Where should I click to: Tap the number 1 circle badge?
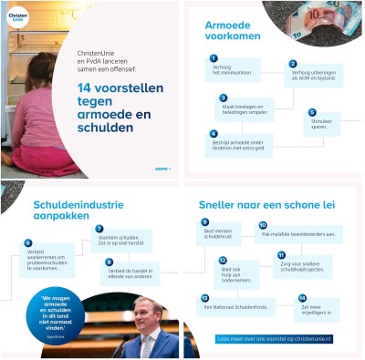pyautogui.click(x=213, y=58)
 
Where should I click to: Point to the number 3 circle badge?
pyautogui.click(x=224, y=98)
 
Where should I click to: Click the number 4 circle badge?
pyautogui.click(x=214, y=134)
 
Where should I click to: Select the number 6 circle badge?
pyautogui.click(x=28, y=243)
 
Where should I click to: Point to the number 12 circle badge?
pyautogui.click(x=222, y=260)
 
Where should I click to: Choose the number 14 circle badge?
pyautogui.click(x=302, y=298)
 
